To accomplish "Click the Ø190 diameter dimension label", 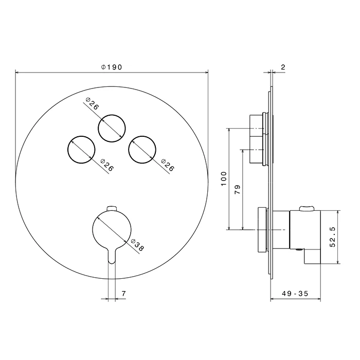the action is [x=112, y=67].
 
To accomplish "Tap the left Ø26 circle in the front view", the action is [x=68, y=150].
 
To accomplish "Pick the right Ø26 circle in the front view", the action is [x=129, y=150].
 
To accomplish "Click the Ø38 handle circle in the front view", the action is [x=93, y=229].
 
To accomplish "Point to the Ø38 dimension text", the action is [x=137, y=245].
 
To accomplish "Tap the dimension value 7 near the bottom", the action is [x=123, y=294].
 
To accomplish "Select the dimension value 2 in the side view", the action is [x=283, y=67].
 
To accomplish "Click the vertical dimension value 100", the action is [x=224, y=179].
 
